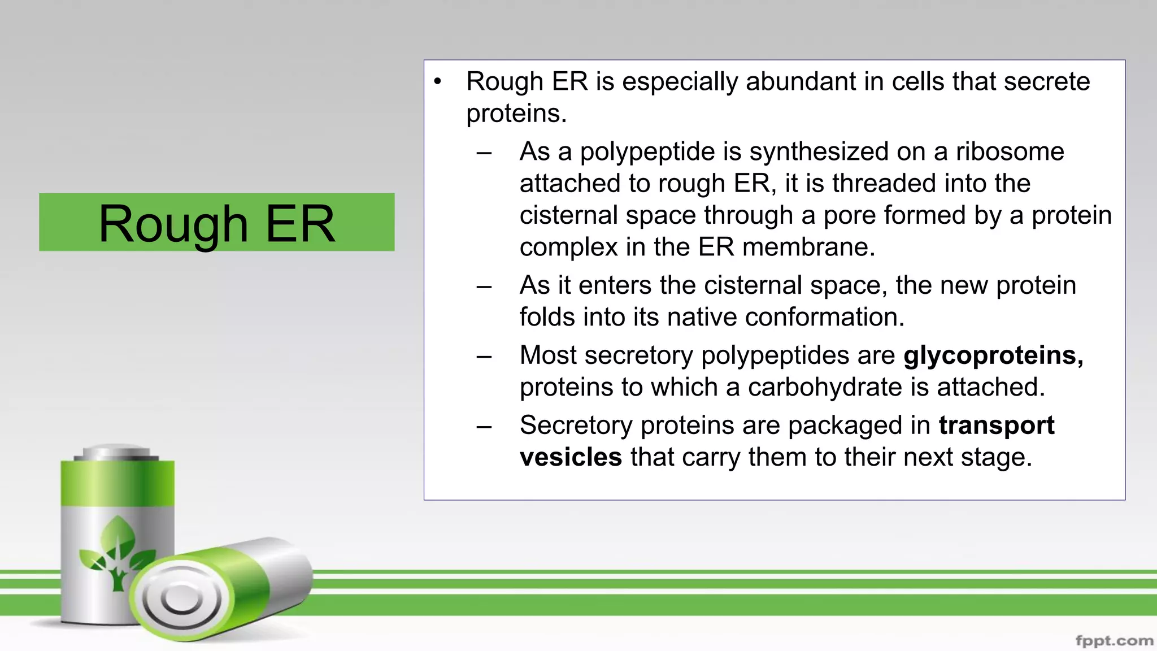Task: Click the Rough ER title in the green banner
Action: pos(217,224)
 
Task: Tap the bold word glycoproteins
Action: pos(993,356)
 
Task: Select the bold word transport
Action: pos(997,426)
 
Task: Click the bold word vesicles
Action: pos(571,457)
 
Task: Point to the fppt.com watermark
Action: pos(1114,641)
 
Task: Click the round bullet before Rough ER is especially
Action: pos(437,82)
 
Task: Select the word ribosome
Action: pos(1010,152)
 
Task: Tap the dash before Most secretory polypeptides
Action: pos(484,357)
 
